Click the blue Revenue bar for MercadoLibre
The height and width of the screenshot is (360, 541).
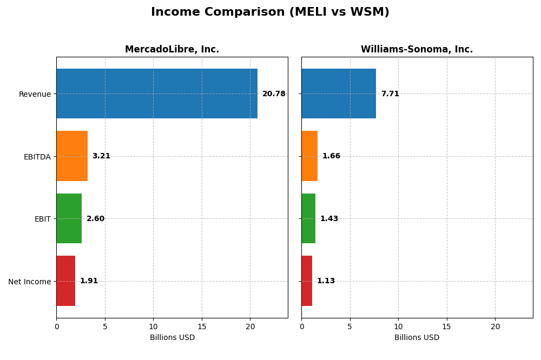point(157,94)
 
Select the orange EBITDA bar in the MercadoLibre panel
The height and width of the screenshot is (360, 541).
point(72,156)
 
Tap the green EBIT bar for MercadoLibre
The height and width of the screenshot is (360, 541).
point(69,218)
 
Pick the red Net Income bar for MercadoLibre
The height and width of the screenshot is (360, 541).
point(66,281)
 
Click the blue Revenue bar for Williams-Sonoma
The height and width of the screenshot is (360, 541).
point(339,94)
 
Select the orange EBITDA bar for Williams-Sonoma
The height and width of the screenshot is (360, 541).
point(309,156)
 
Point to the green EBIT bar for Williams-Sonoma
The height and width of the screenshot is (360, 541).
point(308,218)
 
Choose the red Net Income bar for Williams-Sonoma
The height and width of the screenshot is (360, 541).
point(307,281)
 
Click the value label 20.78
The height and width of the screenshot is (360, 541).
point(274,94)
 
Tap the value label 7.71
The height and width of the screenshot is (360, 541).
point(390,94)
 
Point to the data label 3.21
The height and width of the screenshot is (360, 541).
point(101,156)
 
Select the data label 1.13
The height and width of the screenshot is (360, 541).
point(326,281)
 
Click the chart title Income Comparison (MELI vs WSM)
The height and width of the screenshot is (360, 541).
point(270,12)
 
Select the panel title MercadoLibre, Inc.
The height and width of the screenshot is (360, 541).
point(172,50)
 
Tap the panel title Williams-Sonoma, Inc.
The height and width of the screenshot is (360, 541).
point(417,50)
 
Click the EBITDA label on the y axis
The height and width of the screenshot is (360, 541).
point(37,157)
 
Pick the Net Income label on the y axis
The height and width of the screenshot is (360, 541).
point(30,282)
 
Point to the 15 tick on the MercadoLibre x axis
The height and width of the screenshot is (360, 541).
point(202,326)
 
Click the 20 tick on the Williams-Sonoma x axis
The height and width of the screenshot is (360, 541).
point(495,326)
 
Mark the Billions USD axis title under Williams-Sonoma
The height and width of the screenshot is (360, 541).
point(417,338)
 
